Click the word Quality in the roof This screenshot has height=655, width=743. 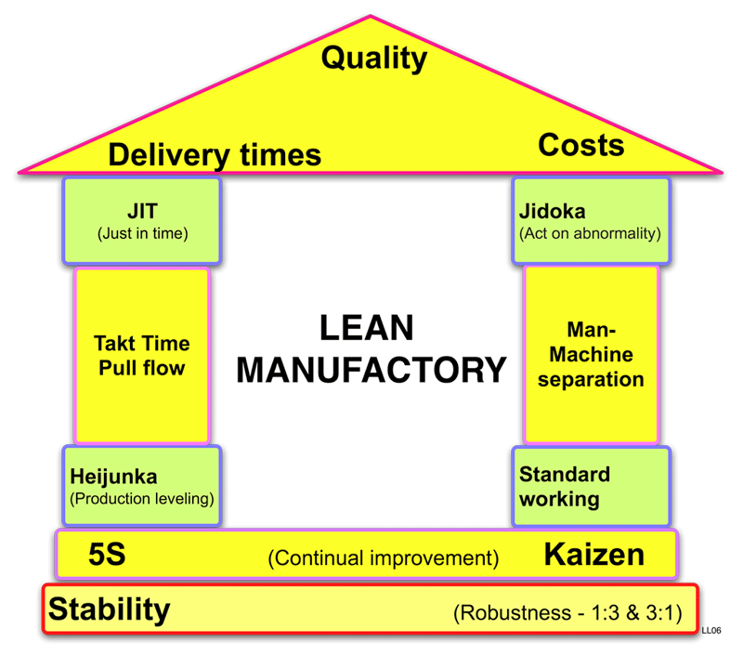(373, 59)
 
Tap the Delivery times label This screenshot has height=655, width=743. (215, 154)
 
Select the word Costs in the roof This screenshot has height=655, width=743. (580, 145)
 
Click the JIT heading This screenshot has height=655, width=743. (142, 212)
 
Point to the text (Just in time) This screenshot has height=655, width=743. (142, 233)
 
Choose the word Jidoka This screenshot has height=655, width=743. (553, 212)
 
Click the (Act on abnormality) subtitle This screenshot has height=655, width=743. (591, 233)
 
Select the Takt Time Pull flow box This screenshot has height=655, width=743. (141, 355)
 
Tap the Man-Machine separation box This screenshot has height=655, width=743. (592, 355)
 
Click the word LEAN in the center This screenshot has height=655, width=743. (366, 329)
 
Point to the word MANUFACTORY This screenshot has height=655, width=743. (371, 370)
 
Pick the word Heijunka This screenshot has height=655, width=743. (113, 478)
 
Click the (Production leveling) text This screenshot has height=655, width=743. (142, 498)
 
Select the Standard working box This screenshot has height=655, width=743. (591, 487)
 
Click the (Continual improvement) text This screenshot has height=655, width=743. (383, 558)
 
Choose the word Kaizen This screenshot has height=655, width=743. (593, 556)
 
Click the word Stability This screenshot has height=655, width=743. (110, 610)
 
